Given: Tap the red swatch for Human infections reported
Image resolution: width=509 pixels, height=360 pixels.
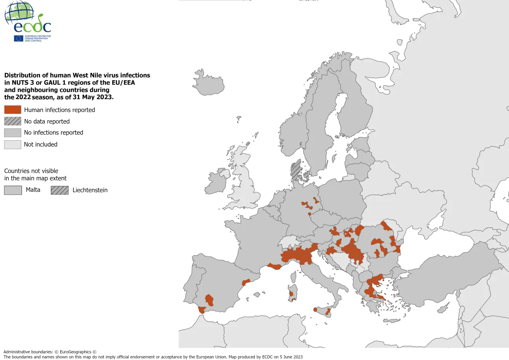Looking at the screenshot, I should tap(13, 110).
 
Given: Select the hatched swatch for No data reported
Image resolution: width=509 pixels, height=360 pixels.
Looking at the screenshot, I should tap(13, 121).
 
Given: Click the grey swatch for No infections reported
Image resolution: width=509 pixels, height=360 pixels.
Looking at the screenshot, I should tap(13, 132).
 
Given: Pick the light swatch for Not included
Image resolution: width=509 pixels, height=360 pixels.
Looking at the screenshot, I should tap(13, 144).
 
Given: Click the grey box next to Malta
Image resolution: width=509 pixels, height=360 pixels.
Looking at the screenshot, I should tap(13, 190).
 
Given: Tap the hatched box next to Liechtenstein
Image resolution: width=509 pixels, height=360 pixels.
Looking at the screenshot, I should tap(59, 190).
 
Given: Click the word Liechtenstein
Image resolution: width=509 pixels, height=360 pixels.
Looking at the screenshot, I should tap(90, 190).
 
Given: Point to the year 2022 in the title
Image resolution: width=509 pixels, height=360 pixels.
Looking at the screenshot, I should tap(24, 97).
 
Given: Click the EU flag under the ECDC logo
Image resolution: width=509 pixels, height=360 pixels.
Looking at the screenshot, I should tap(18, 38).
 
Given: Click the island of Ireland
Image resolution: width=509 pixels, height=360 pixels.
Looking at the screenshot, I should tap(217, 181).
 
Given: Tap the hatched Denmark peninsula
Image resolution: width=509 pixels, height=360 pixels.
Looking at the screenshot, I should tap(296, 169).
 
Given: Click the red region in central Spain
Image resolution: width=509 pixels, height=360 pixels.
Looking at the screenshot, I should tap(209, 300).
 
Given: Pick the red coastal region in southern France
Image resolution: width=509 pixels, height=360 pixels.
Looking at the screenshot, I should tap(275, 266).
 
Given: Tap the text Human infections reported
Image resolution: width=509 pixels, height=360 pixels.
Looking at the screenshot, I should tap(59, 110).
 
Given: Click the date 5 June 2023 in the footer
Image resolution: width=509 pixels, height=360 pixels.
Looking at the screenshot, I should tap(289, 357).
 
